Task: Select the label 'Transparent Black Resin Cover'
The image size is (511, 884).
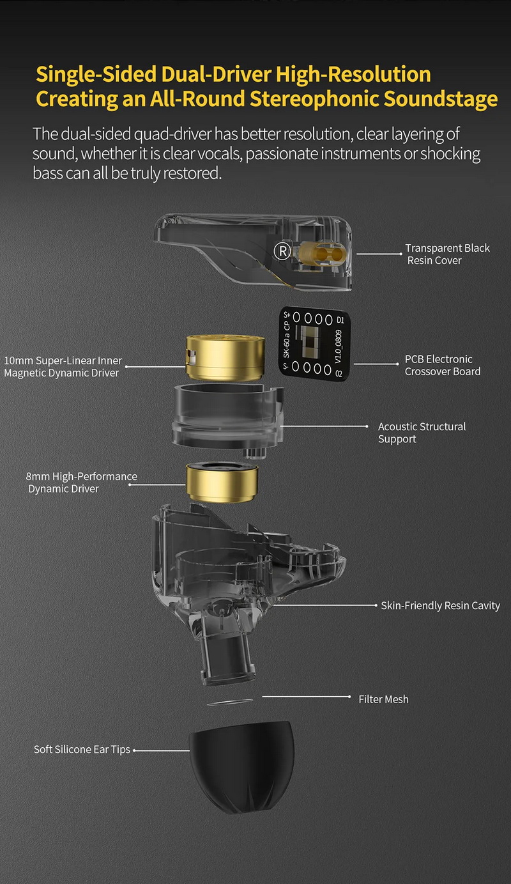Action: point(447,254)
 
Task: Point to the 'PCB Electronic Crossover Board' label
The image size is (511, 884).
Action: point(442,365)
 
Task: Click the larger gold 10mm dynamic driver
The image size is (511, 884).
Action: point(224,359)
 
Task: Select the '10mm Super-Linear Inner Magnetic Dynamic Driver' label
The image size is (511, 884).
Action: point(62,367)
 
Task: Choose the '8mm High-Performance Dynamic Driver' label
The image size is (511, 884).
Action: point(81,483)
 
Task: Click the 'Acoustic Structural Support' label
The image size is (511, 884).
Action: point(422,433)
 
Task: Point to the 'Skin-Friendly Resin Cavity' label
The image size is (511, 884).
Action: point(440,605)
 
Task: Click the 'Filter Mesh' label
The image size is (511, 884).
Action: point(383,699)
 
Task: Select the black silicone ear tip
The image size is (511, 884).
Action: point(241,764)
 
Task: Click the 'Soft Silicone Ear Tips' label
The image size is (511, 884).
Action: point(82,749)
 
